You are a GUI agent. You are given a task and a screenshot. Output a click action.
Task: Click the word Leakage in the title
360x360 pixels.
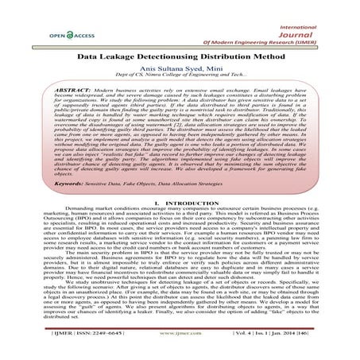[x=134, y=56]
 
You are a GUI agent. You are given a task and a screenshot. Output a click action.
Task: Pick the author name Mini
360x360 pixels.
[x=205, y=68]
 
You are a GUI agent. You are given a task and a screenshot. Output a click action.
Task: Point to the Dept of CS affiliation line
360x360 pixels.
[x=180, y=78]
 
